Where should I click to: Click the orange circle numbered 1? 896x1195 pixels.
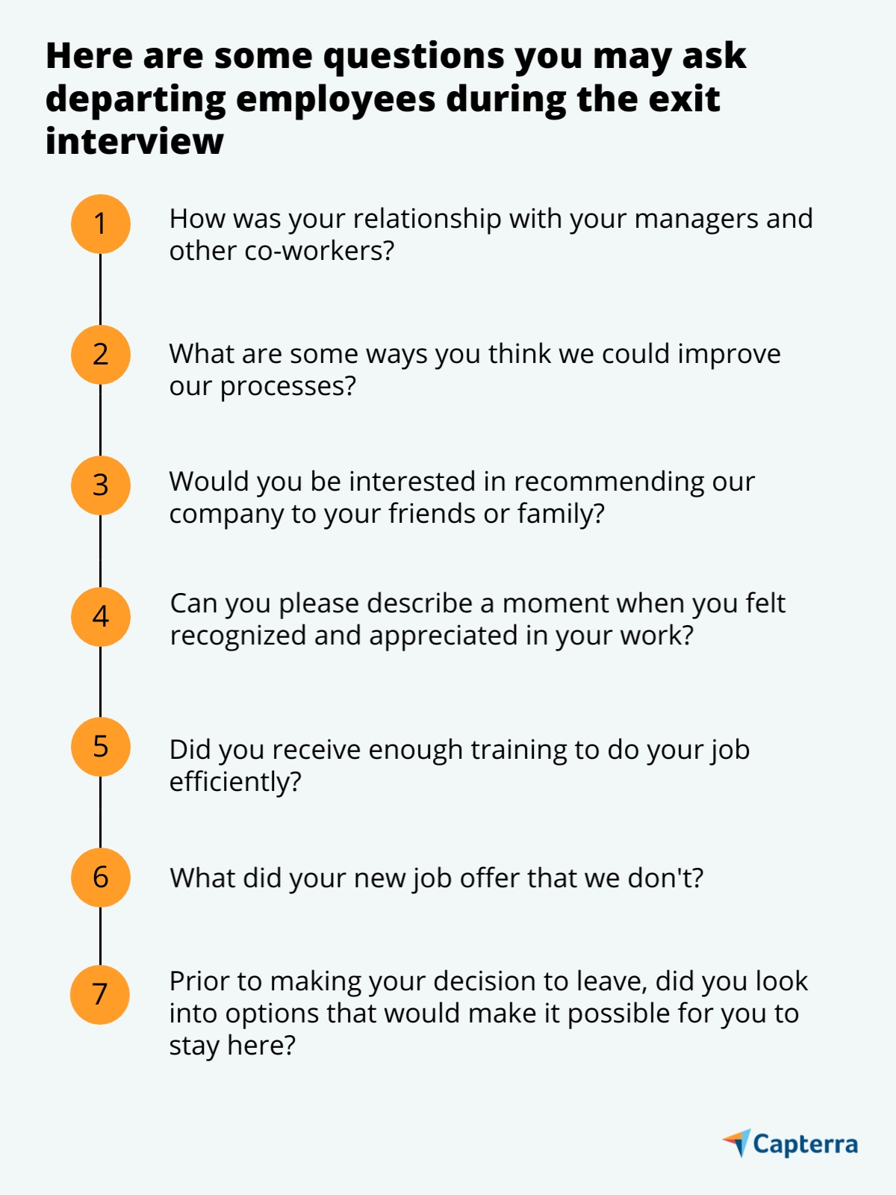pos(101,224)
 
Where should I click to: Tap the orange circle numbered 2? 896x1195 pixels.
pos(101,355)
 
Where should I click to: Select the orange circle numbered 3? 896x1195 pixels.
pos(101,485)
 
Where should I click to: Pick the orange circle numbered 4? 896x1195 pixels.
pos(101,616)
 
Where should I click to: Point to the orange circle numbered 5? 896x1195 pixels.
pos(101,747)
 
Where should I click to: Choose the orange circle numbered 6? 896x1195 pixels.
pos(101,878)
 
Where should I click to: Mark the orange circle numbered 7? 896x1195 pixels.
pos(100,995)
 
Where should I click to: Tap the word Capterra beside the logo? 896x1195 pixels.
pos(806,1145)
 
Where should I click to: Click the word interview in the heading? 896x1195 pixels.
pos(134,141)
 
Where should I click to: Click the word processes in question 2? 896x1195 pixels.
pos(288,387)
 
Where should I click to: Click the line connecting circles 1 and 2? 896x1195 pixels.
pos(101,289)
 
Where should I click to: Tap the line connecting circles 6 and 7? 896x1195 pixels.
pos(101,936)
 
